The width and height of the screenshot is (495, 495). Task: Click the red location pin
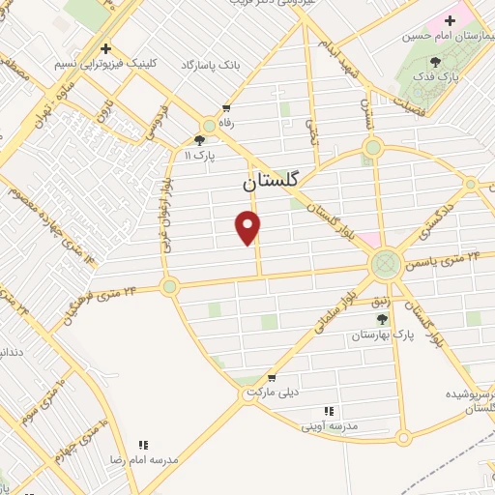point(248,226)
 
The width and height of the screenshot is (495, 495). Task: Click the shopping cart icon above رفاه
point(226,109)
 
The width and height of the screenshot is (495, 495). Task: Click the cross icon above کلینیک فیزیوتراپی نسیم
point(106,47)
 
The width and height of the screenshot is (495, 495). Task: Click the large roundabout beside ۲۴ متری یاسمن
point(385,263)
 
